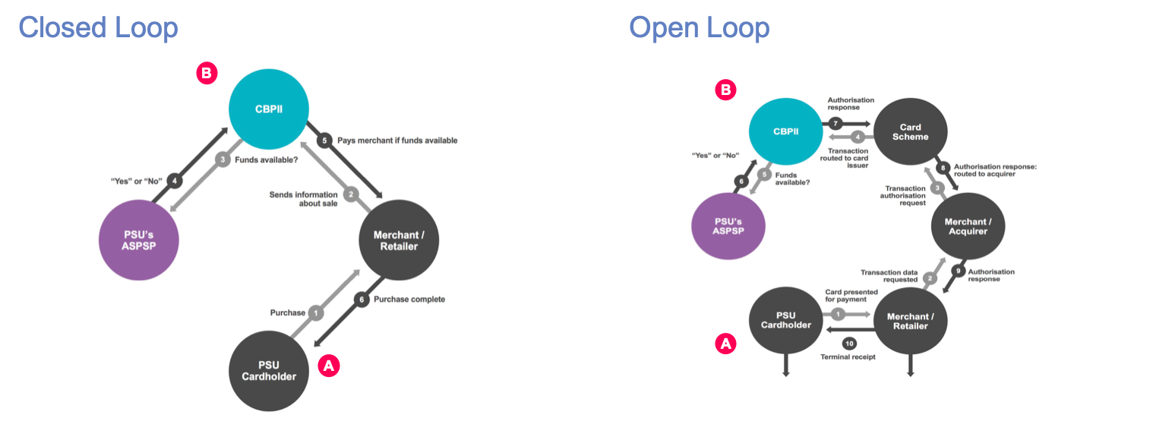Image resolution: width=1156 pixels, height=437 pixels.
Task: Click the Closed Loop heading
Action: pyautogui.click(x=98, y=28)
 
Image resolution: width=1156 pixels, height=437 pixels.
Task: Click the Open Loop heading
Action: pyautogui.click(x=699, y=28)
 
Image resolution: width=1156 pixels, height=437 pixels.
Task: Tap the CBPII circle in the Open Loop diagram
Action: pyautogui.click(x=786, y=131)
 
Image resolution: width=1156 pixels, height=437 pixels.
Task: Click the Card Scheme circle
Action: pyautogui.click(x=911, y=132)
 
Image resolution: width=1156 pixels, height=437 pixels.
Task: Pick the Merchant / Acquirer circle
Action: pyautogui.click(x=968, y=226)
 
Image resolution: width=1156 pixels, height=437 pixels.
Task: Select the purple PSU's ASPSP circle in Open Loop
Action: pyautogui.click(x=728, y=226)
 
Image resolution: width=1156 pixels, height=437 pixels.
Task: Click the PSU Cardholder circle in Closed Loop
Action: pyautogui.click(x=268, y=369)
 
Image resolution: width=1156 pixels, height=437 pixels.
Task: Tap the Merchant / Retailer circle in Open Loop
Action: pyautogui.click(x=911, y=321)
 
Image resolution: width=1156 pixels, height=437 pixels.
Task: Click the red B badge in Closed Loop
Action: pyautogui.click(x=207, y=73)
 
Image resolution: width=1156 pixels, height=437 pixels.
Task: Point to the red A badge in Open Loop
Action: pyautogui.click(x=725, y=344)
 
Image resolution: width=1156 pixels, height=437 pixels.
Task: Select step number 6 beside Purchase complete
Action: pyautogui.click(x=362, y=299)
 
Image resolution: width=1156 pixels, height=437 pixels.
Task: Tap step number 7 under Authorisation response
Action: pyautogui.click(x=835, y=122)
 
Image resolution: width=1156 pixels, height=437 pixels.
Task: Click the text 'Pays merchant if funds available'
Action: pyautogui.click(x=397, y=141)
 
